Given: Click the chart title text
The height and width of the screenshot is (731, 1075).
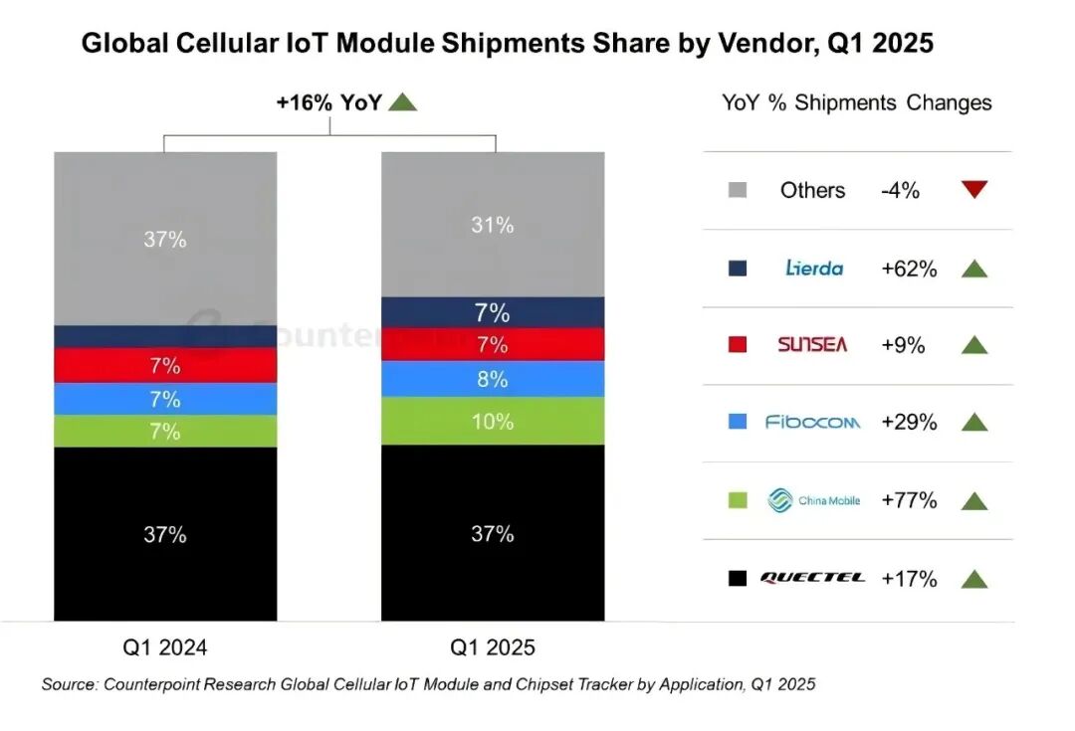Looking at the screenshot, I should point(507,44).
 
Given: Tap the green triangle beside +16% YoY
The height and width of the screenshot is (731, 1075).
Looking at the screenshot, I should point(402,101).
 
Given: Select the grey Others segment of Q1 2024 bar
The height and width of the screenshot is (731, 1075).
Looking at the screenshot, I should point(165,239).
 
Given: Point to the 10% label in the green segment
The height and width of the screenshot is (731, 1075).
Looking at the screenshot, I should point(493,422).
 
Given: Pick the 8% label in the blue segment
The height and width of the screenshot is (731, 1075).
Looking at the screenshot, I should point(493,379).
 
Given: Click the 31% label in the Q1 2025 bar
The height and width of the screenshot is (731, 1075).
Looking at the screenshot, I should point(493,226).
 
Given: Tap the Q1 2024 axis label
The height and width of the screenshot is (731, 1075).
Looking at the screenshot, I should point(165,647).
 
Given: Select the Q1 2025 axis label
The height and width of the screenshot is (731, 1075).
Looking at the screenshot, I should point(493,647).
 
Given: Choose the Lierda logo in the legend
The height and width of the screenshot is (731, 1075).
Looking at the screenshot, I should point(813,268).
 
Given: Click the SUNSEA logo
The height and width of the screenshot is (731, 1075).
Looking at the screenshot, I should point(813,345).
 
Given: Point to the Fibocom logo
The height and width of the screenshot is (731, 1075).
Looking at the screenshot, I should point(813,423).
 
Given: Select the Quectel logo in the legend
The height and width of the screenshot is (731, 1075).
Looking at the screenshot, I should point(813,578).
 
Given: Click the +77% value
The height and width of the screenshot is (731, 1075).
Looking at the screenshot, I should point(909,500).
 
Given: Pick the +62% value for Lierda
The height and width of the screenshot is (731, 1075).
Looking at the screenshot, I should point(909,268).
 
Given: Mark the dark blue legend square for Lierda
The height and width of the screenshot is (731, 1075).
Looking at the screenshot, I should point(738,268).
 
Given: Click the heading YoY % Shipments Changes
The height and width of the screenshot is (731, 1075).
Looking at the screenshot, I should point(857,102).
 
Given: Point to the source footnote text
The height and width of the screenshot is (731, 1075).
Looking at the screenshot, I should point(428,684).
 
